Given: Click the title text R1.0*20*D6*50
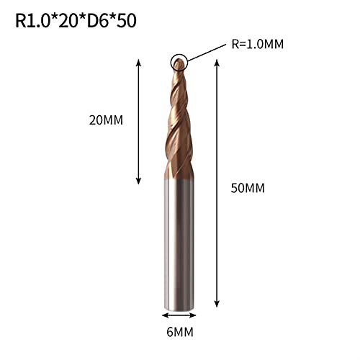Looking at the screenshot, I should [x=75, y=21].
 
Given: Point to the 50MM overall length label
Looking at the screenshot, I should [x=246, y=189].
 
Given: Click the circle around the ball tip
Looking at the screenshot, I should [x=178, y=63].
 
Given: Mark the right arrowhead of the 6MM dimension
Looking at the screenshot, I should [x=195, y=315].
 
